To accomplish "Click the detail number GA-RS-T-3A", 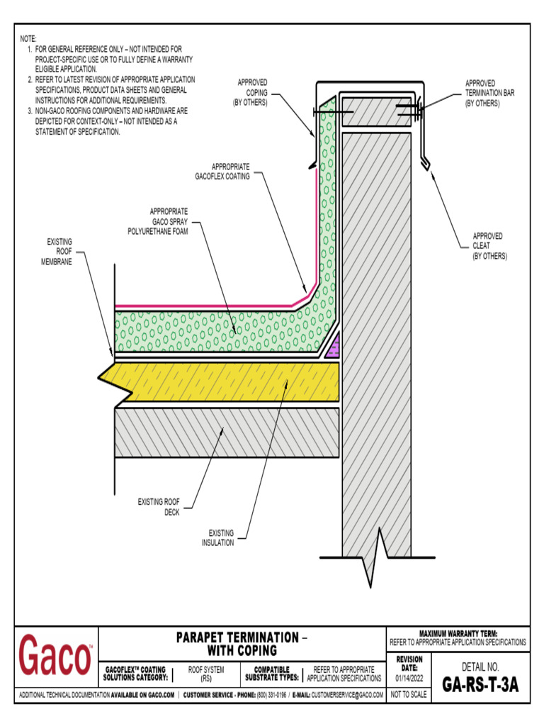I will point(480,685).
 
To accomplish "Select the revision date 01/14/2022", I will point(409,678).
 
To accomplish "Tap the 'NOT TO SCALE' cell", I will point(409,695).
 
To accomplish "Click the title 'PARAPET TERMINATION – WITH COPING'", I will point(242,644).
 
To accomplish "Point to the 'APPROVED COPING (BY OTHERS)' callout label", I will point(251,93).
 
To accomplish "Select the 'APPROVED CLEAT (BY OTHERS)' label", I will point(489,246).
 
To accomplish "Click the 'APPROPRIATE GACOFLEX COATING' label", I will point(222,172).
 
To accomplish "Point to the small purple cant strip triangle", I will point(335,347).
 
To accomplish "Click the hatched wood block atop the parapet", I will point(375,111).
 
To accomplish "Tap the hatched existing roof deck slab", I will point(227,431).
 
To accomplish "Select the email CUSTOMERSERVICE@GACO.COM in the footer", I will point(347,695).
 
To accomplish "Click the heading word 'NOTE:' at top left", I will point(28,38).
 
